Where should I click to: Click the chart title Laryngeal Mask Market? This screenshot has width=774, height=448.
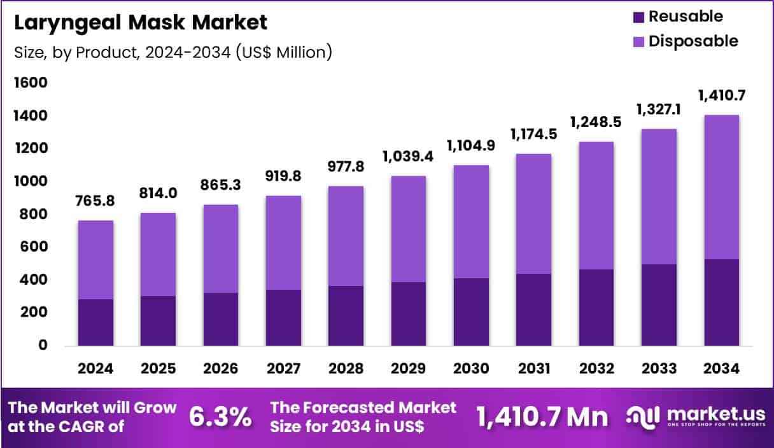(x=141, y=23)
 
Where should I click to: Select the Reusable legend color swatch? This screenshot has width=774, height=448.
(x=639, y=17)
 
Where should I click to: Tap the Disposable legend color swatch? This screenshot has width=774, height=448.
(x=639, y=42)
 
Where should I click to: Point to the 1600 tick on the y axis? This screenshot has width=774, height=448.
(x=31, y=83)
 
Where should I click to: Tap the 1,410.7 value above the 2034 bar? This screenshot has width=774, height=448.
(x=721, y=96)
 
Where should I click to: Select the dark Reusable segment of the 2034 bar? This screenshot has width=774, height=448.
(x=721, y=302)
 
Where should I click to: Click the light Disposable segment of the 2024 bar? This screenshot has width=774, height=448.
(x=95, y=259)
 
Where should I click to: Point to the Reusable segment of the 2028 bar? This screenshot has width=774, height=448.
(x=346, y=315)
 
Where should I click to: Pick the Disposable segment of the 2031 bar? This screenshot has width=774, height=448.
(x=533, y=214)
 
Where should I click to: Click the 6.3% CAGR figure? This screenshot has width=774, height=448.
(x=220, y=417)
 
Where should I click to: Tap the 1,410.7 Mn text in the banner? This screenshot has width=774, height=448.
(x=542, y=417)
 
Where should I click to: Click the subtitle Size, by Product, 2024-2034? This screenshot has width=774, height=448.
(x=173, y=52)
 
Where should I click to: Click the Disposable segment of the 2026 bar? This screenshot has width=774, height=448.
(x=220, y=248)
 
